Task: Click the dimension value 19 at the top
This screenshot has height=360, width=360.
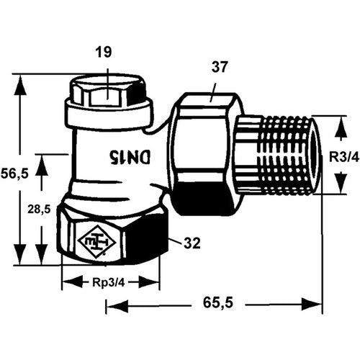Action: click(104, 53)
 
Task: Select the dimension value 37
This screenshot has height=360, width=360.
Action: click(220, 67)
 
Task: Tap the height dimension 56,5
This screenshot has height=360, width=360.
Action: click(15, 173)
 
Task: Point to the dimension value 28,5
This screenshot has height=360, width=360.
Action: click(39, 209)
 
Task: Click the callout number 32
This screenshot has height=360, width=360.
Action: click(192, 243)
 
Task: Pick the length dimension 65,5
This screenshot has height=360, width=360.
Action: click(218, 302)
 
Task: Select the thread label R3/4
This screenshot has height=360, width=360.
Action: click(344, 158)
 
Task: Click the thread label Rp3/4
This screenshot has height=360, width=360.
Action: click(109, 283)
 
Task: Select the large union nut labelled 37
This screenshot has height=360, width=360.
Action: click(205, 153)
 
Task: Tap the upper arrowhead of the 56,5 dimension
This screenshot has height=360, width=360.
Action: click(20, 85)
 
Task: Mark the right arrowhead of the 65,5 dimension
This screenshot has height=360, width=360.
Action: click(311, 305)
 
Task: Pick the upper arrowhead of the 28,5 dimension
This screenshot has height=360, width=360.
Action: click(42, 166)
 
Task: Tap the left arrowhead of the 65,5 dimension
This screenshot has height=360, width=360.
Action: click(117, 305)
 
